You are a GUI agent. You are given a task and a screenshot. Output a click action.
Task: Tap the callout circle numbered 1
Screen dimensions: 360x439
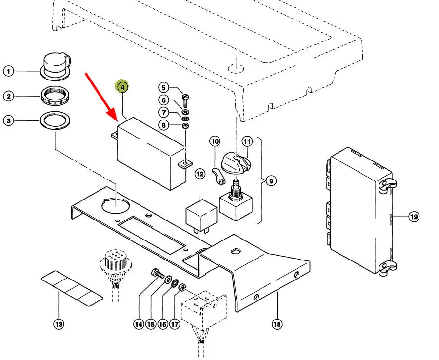(8, 72)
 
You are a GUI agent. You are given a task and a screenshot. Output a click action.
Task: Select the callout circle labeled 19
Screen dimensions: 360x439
(414, 216)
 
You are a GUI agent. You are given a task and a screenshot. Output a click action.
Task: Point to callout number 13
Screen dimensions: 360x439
(59, 324)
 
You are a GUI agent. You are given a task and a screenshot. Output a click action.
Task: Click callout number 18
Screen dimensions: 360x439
(277, 324)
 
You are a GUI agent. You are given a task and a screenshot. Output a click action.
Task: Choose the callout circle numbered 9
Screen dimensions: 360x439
(271, 181)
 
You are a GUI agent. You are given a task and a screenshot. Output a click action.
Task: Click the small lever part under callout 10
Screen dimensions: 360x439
(219, 177)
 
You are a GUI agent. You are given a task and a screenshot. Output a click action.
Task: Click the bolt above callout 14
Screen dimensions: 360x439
(157, 273)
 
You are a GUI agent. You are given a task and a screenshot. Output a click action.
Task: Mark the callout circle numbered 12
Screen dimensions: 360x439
(200, 174)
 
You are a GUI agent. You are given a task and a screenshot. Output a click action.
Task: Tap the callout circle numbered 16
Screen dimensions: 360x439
(162, 324)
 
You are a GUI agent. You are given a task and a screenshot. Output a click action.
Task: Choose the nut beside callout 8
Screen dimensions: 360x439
(185, 126)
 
